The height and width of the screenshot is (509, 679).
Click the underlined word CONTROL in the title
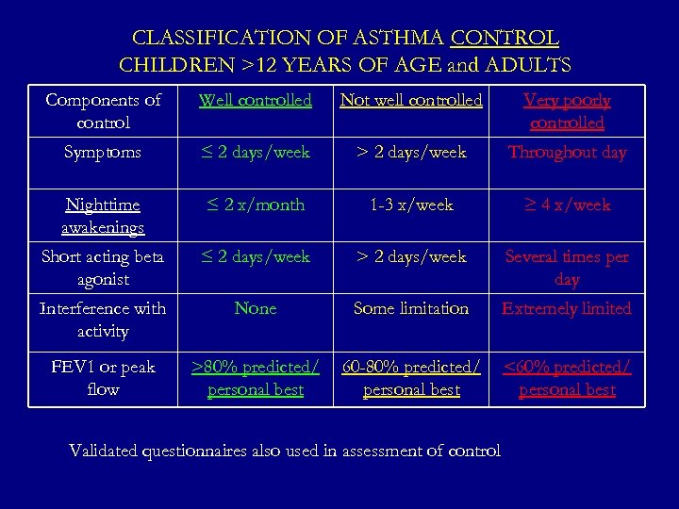click(505, 39)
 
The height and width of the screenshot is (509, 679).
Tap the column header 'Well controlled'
click(256, 100)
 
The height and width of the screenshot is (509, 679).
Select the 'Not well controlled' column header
click(411, 100)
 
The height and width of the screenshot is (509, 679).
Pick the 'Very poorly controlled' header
click(567, 111)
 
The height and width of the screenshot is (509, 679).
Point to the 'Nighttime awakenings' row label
click(102, 216)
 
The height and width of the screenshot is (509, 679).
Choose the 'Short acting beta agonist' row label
click(102, 268)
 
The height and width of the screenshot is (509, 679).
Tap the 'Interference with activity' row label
click(102, 320)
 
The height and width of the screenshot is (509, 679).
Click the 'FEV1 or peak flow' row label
click(102, 378)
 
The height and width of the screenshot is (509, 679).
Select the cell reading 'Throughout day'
click(567, 152)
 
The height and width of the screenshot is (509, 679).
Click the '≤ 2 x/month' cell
click(256, 205)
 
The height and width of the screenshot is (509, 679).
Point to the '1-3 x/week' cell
click(411, 205)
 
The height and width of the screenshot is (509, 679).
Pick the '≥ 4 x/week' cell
click(567, 205)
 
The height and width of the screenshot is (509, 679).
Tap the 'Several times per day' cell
click(567, 268)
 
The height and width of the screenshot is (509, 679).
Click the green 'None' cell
click(256, 308)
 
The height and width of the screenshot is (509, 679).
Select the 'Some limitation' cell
click(411, 308)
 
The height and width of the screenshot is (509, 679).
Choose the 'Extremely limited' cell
click(567, 308)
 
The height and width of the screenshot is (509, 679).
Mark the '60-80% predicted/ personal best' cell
click(411, 378)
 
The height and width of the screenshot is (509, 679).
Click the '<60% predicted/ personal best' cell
click(567, 378)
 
